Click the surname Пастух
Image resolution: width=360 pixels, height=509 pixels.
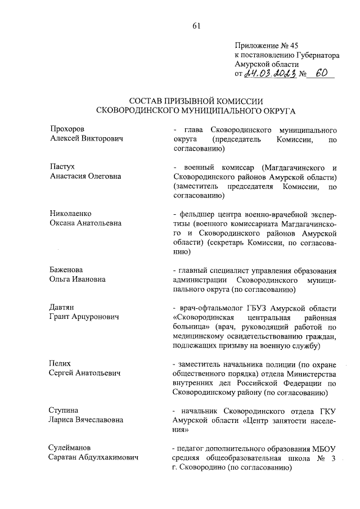tap(62, 167)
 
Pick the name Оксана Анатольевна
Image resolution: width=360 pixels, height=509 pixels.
tap(85, 222)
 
